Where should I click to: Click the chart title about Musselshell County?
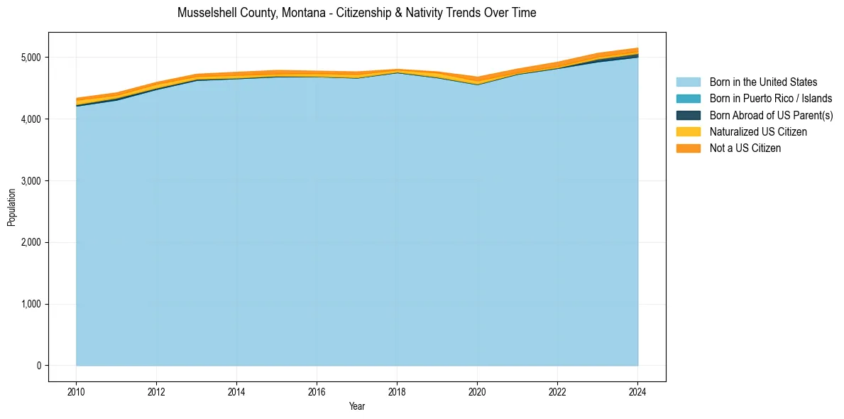(x=356, y=13)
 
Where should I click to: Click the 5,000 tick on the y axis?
(x=32, y=58)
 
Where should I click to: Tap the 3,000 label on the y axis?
(x=32, y=181)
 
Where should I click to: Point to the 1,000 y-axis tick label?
(x=32, y=304)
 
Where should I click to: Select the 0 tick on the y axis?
(x=40, y=366)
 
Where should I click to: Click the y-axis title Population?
(x=11, y=207)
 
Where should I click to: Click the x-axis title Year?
(x=357, y=406)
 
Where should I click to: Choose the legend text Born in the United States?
(x=763, y=82)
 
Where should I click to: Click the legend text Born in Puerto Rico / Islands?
(x=771, y=99)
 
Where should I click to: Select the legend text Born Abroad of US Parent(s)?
(x=771, y=115)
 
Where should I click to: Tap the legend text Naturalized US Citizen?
(x=758, y=131)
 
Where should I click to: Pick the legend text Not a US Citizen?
(x=745, y=148)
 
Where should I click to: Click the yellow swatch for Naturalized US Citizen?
(x=688, y=131)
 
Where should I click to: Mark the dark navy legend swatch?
(x=688, y=115)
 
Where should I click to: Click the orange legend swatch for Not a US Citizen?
(x=688, y=148)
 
